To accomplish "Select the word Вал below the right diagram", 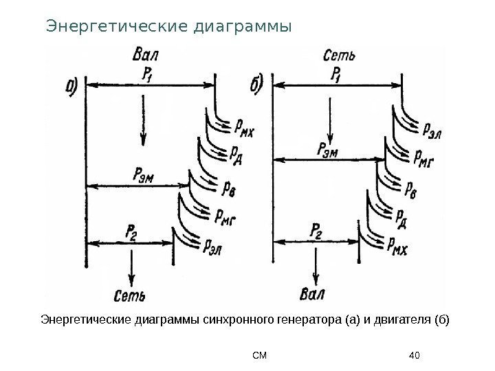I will (x=313, y=296).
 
